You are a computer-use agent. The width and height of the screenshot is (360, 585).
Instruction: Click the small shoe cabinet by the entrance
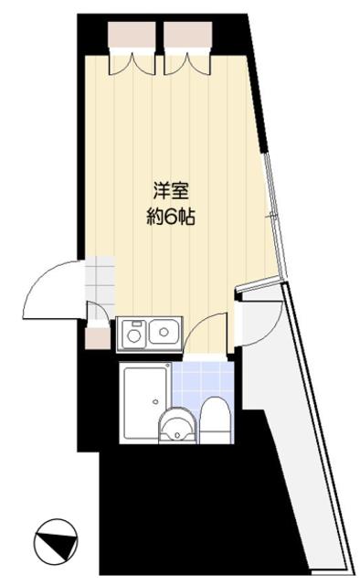click(x=97, y=337)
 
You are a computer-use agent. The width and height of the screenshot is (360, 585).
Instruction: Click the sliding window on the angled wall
click(x=271, y=215)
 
